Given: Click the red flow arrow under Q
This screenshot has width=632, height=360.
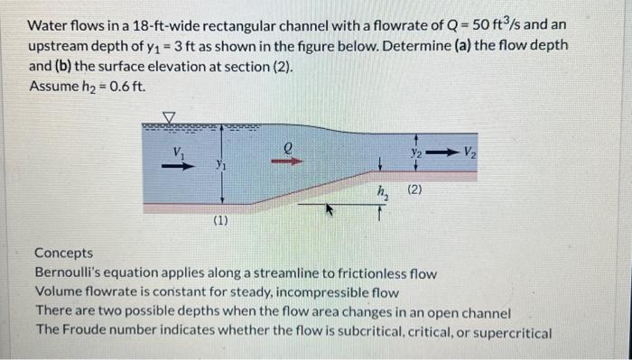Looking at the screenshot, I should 288,162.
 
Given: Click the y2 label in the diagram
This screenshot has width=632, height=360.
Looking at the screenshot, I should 417,152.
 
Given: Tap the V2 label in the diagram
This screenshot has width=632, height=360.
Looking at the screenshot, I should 471,152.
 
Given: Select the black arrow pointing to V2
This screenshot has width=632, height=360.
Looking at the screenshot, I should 442,152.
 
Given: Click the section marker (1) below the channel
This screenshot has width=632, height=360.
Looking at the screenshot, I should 219,218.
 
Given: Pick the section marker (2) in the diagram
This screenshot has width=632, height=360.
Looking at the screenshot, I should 416,189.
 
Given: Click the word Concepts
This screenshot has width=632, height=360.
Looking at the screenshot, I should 63,255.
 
